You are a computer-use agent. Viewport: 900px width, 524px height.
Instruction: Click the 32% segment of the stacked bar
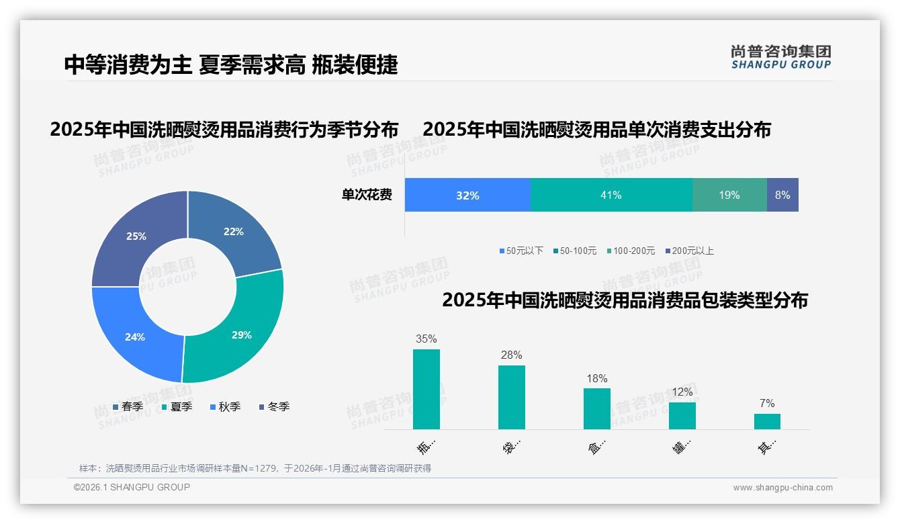click(x=467, y=195)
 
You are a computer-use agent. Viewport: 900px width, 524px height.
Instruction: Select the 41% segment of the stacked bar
click(x=611, y=195)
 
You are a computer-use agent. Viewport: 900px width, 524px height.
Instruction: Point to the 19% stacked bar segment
click(x=729, y=195)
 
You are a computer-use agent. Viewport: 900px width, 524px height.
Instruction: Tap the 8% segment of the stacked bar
click(x=782, y=195)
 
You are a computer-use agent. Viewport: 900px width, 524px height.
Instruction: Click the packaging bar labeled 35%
click(x=426, y=389)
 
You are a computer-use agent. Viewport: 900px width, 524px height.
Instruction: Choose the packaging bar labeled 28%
click(x=512, y=397)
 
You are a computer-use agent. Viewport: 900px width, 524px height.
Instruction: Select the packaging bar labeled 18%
click(x=596, y=408)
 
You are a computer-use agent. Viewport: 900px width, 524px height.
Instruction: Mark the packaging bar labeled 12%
click(x=682, y=415)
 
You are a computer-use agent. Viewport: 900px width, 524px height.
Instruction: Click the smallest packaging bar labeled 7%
click(x=767, y=421)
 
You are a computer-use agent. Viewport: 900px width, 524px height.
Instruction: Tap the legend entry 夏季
click(x=177, y=406)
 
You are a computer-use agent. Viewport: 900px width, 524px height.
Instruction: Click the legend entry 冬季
click(x=274, y=406)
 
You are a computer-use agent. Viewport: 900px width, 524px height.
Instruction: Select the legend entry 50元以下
click(x=521, y=251)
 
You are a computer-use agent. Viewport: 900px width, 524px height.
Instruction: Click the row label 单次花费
click(x=367, y=195)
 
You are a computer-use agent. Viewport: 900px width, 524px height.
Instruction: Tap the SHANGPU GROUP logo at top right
click(x=780, y=57)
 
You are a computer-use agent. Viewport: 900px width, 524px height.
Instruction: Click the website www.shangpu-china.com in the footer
click(x=782, y=488)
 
